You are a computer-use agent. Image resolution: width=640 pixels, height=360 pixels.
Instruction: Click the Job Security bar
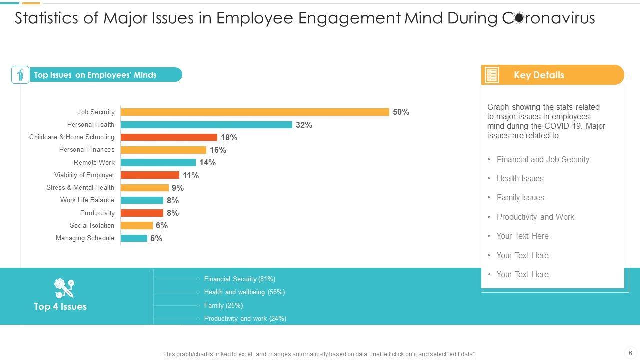click(x=255, y=112)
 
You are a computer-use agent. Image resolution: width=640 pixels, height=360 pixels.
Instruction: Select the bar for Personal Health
click(x=206, y=125)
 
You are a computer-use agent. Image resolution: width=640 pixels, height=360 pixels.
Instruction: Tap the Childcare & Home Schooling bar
click(x=169, y=137)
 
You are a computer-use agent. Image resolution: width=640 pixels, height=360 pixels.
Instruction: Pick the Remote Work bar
click(x=158, y=162)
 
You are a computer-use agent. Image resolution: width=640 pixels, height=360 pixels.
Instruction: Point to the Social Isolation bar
click(x=137, y=225)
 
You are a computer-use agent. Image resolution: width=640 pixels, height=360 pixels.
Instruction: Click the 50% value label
click(x=401, y=112)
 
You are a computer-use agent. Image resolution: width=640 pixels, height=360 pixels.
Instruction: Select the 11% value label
click(x=191, y=175)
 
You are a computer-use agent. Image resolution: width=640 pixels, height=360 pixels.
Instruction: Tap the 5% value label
click(x=156, y=239)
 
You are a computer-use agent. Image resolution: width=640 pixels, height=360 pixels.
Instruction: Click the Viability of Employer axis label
click(x=84, y=175)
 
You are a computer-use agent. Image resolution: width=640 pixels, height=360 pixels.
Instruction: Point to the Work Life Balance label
click(x=87, y=200)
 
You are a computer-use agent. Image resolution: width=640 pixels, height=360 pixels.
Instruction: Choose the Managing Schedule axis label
click(x=85, y=238)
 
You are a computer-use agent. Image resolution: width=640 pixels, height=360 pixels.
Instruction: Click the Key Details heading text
click(x=539, y=75)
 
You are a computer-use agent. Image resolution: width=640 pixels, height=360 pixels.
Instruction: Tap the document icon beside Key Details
click(x=492, y=75)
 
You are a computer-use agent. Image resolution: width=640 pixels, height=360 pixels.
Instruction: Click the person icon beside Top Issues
click(x=20, y=75)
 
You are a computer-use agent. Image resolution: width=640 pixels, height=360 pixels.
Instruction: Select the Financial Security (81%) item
click(x=239, y=279)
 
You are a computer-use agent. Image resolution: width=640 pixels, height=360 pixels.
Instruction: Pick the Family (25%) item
click(x=223, y=305)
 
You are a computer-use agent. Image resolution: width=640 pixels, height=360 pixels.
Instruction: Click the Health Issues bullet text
click(x=520, y=179)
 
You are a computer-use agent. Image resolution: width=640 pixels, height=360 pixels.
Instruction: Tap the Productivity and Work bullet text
click(x=535, y=217)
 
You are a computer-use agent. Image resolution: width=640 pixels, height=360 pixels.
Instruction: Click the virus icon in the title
click(x=519, y=18)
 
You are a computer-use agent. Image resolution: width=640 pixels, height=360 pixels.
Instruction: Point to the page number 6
click(x=630, y=353)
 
